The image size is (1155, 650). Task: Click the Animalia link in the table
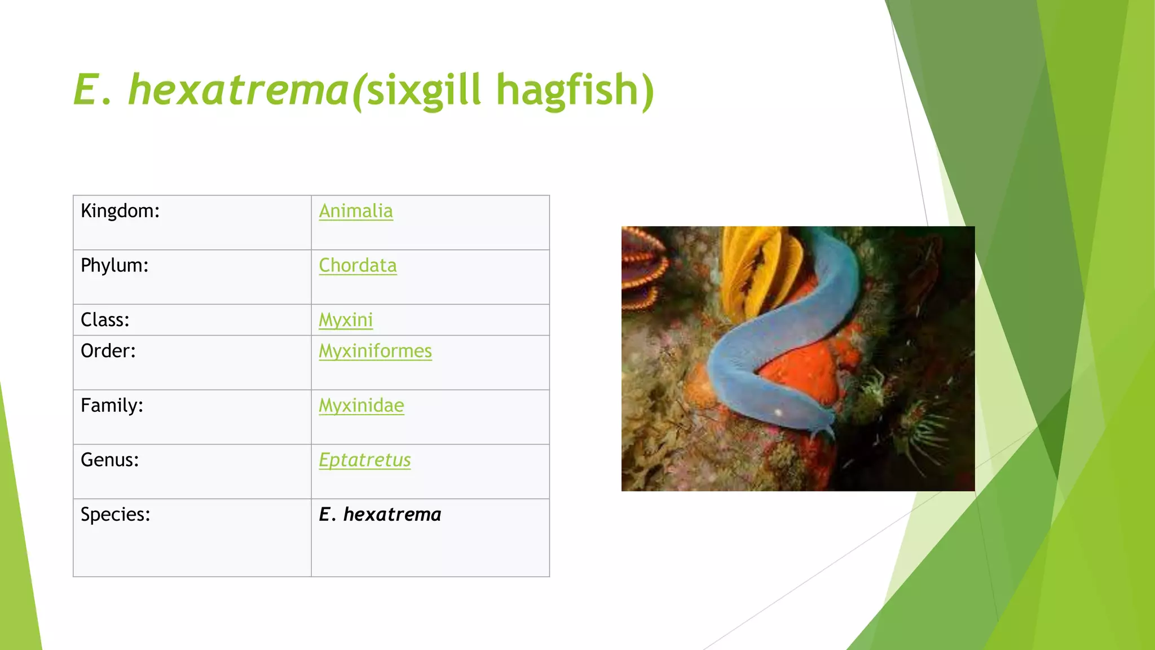pos(356,211)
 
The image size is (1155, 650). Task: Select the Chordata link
pos(358,266)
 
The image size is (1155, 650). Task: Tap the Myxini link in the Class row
pos(346,320)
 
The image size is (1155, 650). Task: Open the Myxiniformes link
pos(375,351)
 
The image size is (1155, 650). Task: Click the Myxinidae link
pos(362,406)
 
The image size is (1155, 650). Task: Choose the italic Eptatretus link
pos(364,460)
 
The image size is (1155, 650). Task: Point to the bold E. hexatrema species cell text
pos(380,515)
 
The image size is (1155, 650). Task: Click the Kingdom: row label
pos(120,211)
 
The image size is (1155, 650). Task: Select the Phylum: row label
pos(114,266)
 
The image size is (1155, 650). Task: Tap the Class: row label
pos(105,320)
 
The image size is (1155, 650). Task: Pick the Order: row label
pos(108,351)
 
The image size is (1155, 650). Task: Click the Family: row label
pos(112,406)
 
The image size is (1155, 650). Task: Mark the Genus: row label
pos(109,460)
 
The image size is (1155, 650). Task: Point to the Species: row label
pos(115,515)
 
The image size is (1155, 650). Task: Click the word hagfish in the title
pos(575,90)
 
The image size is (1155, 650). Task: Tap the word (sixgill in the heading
pos(416,90)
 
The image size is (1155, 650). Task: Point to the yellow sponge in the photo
pos(756,265)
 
